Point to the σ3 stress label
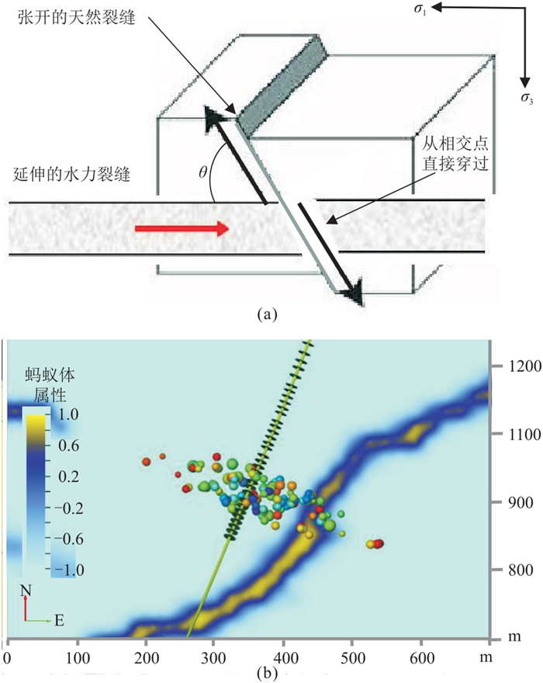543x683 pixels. pyautogui.click(x=527, y=99)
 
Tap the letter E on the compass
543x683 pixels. pyautogui.click(x=61, y=620)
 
